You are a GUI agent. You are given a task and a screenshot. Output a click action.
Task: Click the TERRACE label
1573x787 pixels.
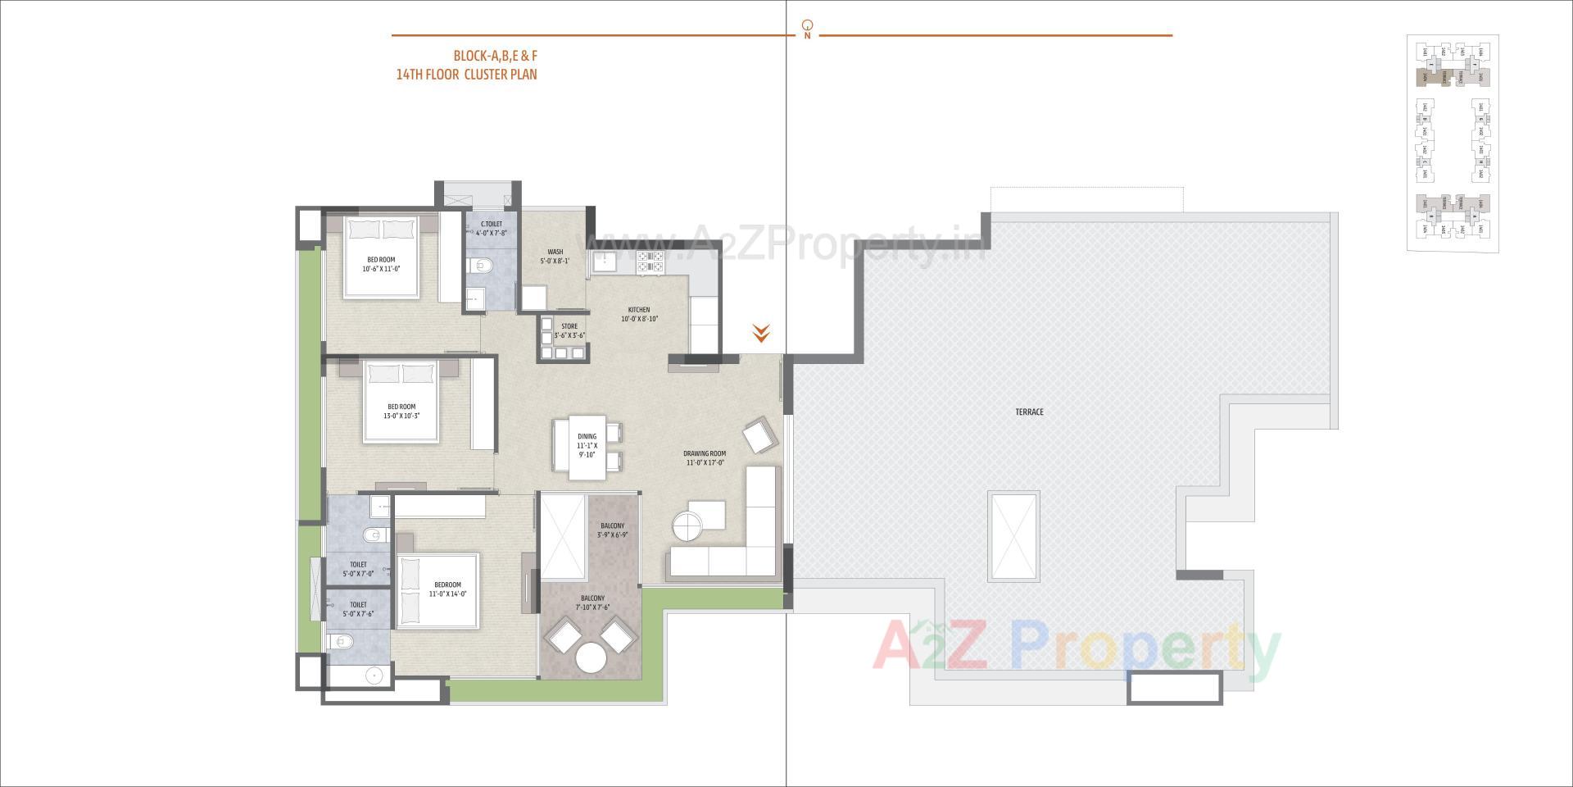(1029, 412)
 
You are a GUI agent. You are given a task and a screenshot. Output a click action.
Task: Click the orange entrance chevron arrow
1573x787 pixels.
(761, 333)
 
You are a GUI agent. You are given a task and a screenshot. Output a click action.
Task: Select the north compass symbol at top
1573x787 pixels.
(808, 26)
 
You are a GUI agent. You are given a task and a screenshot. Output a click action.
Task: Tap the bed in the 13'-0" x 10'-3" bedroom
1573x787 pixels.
(401, 402)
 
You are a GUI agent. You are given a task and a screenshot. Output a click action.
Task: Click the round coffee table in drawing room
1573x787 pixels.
(687, 525)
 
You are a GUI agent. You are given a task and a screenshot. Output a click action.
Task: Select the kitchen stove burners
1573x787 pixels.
(651, 261)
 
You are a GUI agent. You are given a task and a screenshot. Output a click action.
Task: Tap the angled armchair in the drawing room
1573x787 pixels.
(759, 434)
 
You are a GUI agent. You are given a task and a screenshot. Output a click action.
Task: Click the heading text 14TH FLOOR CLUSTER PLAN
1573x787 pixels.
(466, 75)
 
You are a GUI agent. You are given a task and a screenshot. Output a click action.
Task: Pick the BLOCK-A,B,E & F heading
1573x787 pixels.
(495, 57)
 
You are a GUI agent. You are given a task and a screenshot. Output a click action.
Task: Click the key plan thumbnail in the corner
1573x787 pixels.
(1453, 143)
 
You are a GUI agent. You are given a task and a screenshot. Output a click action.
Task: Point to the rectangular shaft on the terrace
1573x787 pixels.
(1013, 536)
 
